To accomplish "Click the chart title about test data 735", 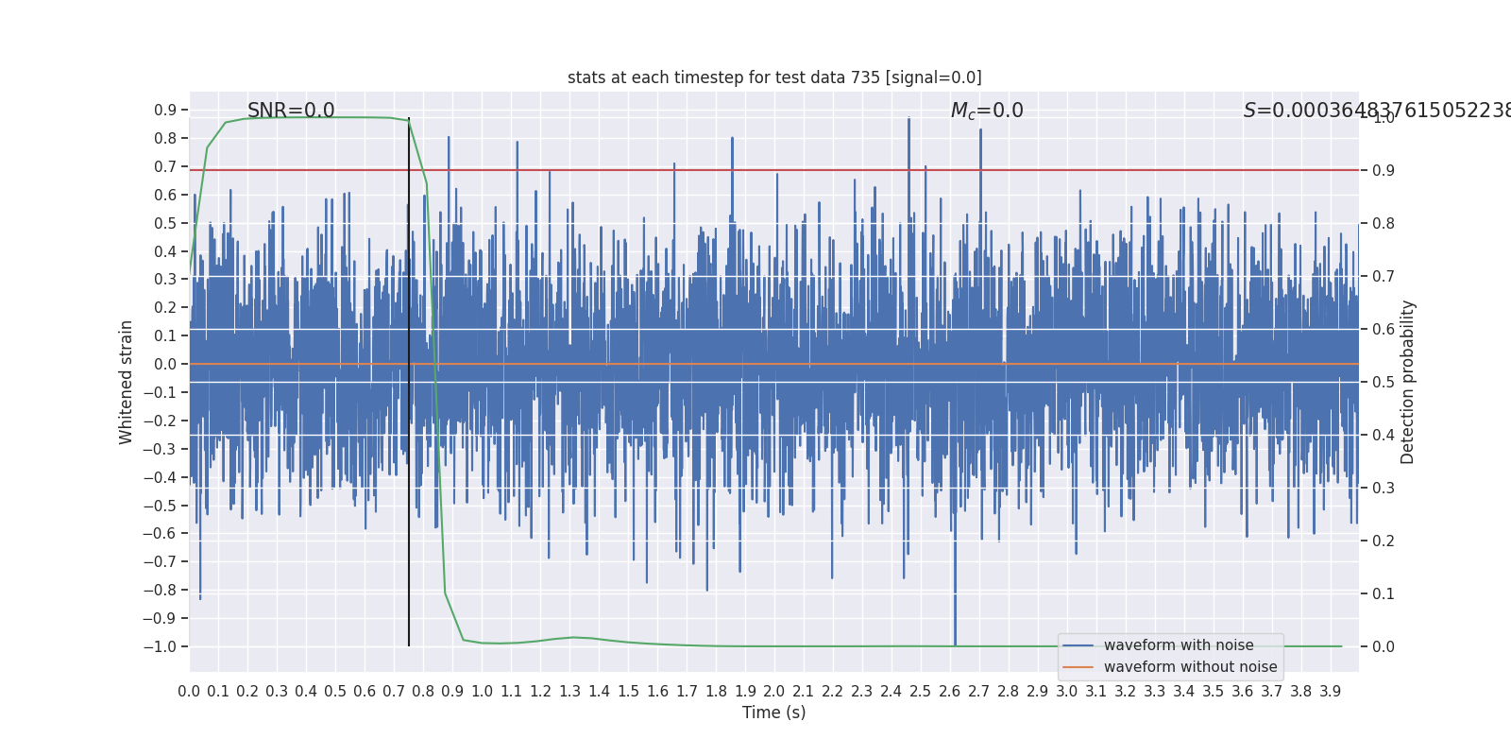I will [x=774, y=77].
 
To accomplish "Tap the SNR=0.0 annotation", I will [x=291, y=111].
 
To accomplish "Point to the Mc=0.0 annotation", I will [x=987, y=111].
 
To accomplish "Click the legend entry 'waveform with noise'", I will [x=1178, y=645].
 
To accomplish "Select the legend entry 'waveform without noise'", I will [x=1190, y=667].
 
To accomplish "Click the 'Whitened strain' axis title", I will [x=127, y=382].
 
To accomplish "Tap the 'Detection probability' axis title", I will [x=1408, y=382].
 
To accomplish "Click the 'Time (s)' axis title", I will [x=773, y=713].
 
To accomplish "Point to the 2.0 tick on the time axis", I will [x=774, y=692].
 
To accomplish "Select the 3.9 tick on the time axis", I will [x=1330, y=692].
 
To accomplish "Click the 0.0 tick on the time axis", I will [x=189, y=692].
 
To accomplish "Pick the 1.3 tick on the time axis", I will [x=569, y=692].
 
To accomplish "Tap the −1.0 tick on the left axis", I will [x=160, y=647].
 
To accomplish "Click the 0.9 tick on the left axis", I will [x=165, y=111].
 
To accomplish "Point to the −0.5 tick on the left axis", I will [x=160, y=506].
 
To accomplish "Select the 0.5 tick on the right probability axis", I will [x=1383, y=382].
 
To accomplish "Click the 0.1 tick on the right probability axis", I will [x=1383, y=593].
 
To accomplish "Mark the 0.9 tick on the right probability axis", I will [x=1383, y=171].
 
